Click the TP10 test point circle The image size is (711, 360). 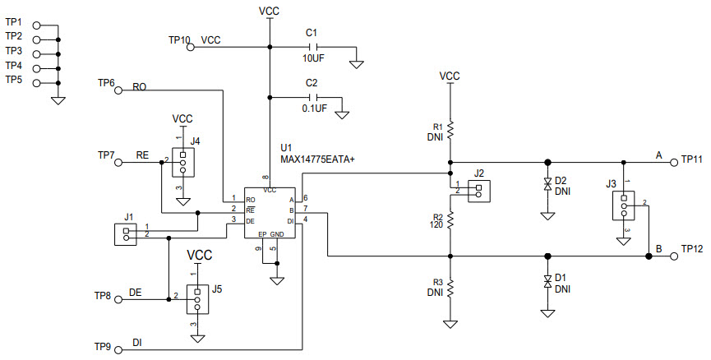(191, 48)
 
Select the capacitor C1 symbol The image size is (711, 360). (312, 48)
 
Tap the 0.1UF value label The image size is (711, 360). (314, 108)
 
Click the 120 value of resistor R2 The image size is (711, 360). (437, 224)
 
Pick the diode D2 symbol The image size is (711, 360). (547, 186)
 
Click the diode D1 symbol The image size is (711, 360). (547, 281)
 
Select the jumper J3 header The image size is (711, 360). (624, 205)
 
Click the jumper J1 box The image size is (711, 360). (126, 233)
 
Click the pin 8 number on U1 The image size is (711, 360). (265, 178)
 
